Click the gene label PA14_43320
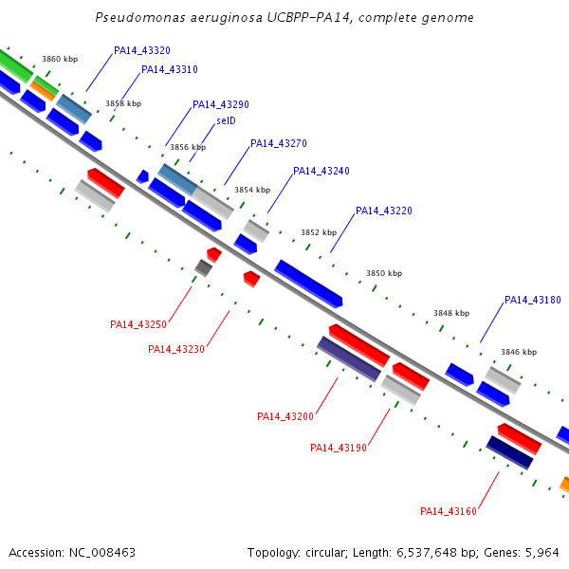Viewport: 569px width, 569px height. pos(142,50)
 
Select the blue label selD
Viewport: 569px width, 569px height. pos(226,120)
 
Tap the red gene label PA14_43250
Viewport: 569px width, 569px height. pos(138,324)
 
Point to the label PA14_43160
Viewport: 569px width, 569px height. pos(449,511)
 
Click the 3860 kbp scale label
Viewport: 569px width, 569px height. pos(60,59)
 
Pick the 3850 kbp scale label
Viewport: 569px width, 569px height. pos(384,273)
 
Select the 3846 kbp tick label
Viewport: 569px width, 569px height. pos(519,352)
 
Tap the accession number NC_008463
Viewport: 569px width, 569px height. pos(102,553)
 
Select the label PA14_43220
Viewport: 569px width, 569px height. pos(384,211)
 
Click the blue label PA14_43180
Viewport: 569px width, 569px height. pos(533,300)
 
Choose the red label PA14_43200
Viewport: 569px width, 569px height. pos(285,416)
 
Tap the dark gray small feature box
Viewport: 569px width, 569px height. pos(203,267)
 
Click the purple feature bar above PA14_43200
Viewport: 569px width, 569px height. pos(349,358)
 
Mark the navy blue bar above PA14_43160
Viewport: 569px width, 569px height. pos(509,452)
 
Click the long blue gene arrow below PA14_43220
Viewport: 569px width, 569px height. pos(308,284)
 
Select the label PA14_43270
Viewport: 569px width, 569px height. pos(279,144)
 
